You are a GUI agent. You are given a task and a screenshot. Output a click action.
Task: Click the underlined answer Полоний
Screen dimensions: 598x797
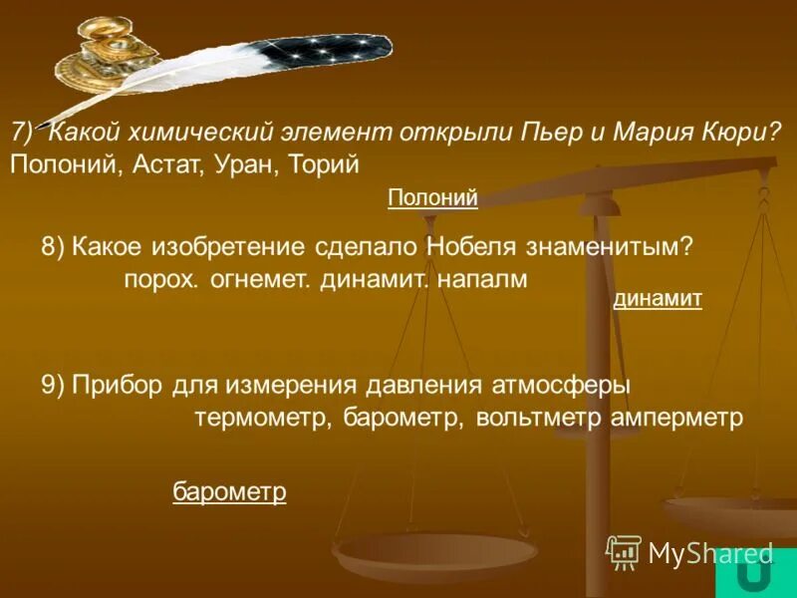(x=432, y=198)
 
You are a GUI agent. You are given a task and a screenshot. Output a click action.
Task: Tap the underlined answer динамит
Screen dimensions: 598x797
(x=658, y=298)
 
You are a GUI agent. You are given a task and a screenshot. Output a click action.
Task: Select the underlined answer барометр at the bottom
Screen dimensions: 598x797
(x=229, y=491)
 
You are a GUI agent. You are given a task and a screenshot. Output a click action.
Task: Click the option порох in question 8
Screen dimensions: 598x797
(x=162, y=280)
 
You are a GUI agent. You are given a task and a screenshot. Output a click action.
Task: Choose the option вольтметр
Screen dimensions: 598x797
(x=537, y=418)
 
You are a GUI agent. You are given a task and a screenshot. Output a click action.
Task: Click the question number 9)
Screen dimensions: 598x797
(x=54, y=386)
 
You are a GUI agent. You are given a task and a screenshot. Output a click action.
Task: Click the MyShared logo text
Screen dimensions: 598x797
(x=710, y=552)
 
